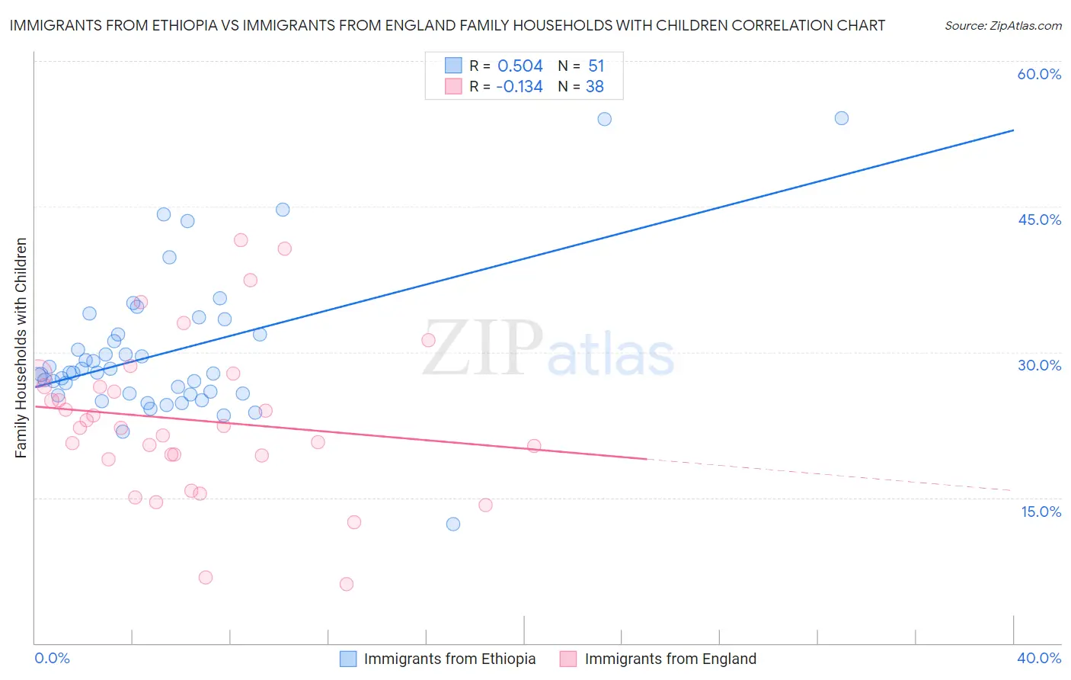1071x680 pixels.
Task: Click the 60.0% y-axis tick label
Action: pos(1039,74)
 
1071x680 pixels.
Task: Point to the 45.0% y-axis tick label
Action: pos(1039,220)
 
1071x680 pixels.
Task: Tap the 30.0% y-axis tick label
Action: pos(1039,365)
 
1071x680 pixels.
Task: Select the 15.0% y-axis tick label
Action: pos(1041,512)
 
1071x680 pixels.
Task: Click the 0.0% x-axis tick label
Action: pos(52,658)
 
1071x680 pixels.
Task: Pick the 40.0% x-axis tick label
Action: pos(1039,658)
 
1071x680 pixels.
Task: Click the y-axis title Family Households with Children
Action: pos(21,348)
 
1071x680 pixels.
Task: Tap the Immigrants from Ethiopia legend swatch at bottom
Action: pos(348,659)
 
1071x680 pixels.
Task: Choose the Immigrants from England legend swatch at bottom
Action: pos(568,659)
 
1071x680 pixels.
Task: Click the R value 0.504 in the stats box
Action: pos(520,66)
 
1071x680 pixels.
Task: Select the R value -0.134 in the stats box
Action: pos(519,87)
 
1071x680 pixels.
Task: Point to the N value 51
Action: pos(596,66)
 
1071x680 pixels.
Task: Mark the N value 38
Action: pos(594,87)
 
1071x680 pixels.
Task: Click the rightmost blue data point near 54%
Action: pos(841,118)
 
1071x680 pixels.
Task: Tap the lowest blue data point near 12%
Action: pos(453,524)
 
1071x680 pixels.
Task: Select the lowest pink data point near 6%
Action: pos(347,584)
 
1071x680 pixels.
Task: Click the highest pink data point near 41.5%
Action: pos(241,240)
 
